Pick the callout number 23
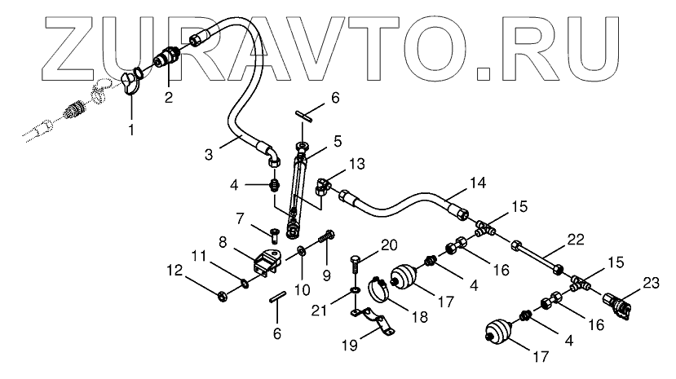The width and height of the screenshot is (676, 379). tap(651, 283)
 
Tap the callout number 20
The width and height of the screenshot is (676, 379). tap(388, 244)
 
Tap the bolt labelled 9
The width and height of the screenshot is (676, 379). tap(328, 236)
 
